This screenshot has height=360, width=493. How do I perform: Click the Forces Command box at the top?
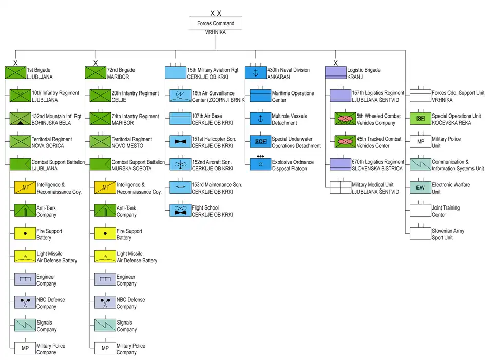pos(216,23)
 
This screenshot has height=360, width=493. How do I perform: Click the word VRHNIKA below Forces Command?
pos(216,32)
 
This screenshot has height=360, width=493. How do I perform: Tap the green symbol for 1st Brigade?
pos(15,73)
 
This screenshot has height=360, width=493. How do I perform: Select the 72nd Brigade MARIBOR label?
pos(121,73)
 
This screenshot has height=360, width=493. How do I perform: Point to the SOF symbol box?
pos(260,142)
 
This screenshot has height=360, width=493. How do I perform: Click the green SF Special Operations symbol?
pos(420,119)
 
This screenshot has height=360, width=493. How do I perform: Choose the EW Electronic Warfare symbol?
pos(420,187)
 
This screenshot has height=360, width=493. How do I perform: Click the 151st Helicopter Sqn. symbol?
pos(180,142)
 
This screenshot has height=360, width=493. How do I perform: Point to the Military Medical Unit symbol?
pos(340,187)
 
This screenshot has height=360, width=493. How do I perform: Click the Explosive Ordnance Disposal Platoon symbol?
pos(260,164)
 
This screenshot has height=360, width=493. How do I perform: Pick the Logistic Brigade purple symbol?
pos(335,73)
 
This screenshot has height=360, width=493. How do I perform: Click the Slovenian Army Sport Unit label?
pos(448,234)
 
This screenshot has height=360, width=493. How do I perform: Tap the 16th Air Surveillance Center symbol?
pos(180,96)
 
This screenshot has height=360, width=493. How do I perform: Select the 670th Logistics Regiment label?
pos(377,165)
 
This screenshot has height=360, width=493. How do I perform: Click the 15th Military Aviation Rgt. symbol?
pos(175,73)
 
